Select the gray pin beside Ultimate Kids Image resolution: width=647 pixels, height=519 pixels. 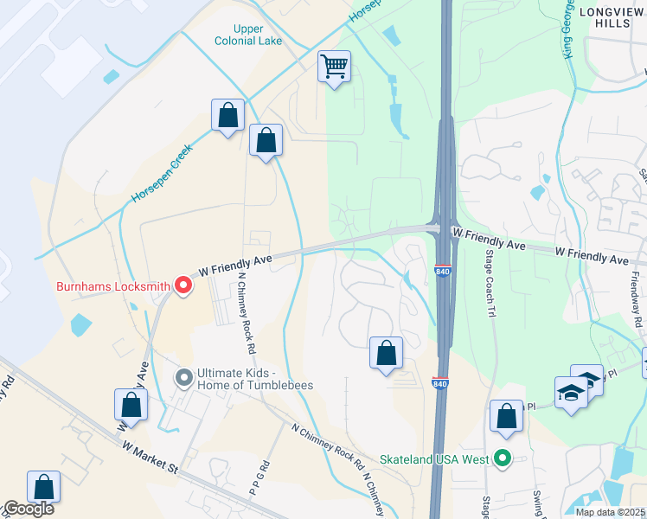pyautogui.click(x=183, y=377)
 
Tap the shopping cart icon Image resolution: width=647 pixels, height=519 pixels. pyautogui.click(x=334, y=66)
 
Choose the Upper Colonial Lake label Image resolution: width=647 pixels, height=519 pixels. pyautogui.click(x=248, y=35)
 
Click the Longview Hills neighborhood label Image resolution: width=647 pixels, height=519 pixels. pyautogui.click(x=612, y=18)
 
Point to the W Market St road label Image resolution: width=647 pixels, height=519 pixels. pyautogui.click(x=151, y=457)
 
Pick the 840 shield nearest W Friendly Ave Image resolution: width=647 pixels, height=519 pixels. pyautogui.click(x=443, y=272)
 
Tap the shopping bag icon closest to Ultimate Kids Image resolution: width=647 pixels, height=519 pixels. pyautogui.click(x=131, y=405)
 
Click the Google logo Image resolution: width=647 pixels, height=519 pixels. pyautogui.click(x=28, y=509)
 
